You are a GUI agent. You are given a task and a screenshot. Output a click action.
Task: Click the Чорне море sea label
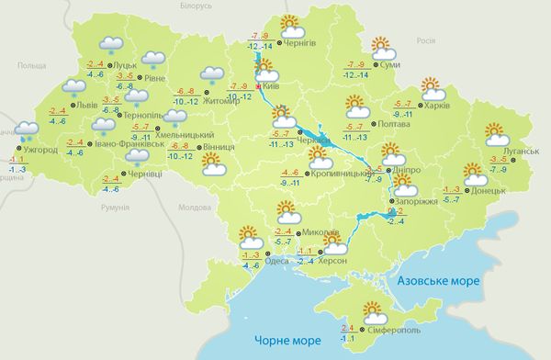coord(287,341)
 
